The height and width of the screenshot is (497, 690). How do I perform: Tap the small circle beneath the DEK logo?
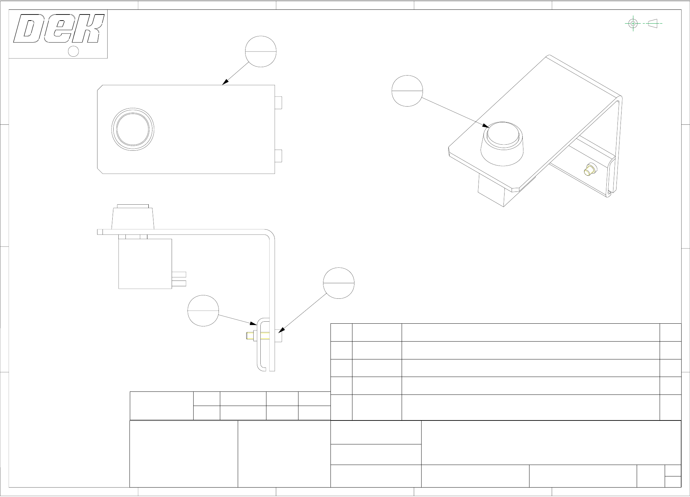tap(74, 51)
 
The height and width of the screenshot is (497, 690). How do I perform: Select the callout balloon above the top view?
tap(261, 52)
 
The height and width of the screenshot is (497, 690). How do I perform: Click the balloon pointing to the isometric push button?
tap(407, 91)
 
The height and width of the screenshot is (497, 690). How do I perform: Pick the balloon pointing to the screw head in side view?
tap(339, 283)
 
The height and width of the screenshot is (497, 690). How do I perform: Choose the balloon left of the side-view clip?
tap(203, 311)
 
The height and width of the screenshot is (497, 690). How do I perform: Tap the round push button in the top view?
tap(133, 129)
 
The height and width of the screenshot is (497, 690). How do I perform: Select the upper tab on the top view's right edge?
tap(278, 103)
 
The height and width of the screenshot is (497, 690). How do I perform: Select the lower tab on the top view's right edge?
tap(278, 156)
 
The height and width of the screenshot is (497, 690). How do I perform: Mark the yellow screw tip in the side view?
tap(249, 336)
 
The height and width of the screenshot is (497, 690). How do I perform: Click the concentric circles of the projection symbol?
tap(633, 24)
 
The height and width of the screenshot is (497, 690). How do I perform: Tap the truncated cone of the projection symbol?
tap(653, 24)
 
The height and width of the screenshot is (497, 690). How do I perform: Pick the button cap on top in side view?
tap(133, 206)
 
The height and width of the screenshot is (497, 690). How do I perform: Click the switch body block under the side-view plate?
tap(145, 264)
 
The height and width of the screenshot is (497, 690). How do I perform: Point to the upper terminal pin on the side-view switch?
tap(179, 274)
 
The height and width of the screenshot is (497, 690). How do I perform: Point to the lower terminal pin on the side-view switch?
tap(179, 283)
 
